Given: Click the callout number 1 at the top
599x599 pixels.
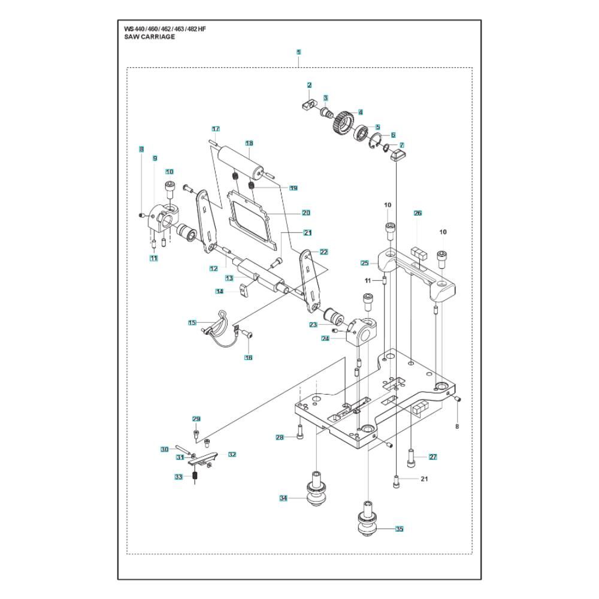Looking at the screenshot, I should [x=298, y=52].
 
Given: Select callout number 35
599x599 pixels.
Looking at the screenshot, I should [x=400, y=529].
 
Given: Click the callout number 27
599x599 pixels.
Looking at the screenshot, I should [x=432, y=457].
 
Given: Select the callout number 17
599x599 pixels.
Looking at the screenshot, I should [x=216, y=129].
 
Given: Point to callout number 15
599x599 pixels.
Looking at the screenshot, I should [x=192, y=323].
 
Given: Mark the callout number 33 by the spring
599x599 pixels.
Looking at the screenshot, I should [x=178, y=477].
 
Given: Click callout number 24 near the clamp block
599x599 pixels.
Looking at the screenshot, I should [x=325, y=338].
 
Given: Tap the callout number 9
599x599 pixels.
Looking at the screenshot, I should [x=155, y=158].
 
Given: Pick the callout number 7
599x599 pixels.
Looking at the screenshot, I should [x=402, y=145].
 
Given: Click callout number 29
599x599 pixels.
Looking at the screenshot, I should [x=196, y=419].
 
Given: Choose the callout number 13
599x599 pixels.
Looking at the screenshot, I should [x=229, y=278].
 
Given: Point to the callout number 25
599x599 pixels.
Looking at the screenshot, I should [x=364, y=262].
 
